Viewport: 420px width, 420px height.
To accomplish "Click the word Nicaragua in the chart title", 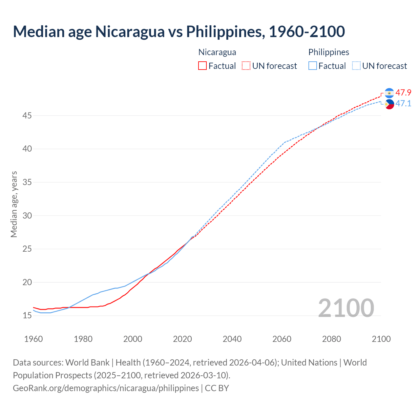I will [x=130, y=31].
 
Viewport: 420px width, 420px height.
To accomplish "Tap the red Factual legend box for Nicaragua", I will [x=202, y=66].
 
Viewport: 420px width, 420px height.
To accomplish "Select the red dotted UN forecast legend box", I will [x=246, y=66].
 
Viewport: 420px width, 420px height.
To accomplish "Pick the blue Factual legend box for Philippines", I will [x=313, y=66].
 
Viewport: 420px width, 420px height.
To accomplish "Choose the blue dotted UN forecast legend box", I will [x=356, y=66].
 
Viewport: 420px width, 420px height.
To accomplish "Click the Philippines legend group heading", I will [x=328, y=52].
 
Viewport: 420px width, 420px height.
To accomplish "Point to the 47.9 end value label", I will [x=403, y=93].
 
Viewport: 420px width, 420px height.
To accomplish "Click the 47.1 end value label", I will [x=403, y=104].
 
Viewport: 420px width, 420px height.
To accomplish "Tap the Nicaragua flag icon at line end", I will [x=389, y=93].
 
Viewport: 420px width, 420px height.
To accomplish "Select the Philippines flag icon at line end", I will [x=389, y=104].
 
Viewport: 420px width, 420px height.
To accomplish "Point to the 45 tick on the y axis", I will [x=27, y=116].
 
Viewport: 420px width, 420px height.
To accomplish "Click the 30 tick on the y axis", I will [x=27, y=216].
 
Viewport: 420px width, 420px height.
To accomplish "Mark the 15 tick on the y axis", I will [x=27, y=315].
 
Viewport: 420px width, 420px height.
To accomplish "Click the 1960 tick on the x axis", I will [x=33, y=339].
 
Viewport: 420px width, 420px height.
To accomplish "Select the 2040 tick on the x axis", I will [x=232, y=339].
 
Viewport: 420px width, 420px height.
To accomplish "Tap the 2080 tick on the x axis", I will [x=331, y=339].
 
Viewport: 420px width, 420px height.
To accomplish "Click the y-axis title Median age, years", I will [x=14, y=204].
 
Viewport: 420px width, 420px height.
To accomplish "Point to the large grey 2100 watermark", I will [x=346, y=308].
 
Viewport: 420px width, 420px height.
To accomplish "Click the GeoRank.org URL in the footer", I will [x=106, y=388].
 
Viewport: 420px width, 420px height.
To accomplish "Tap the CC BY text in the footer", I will [x=217, y=388].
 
